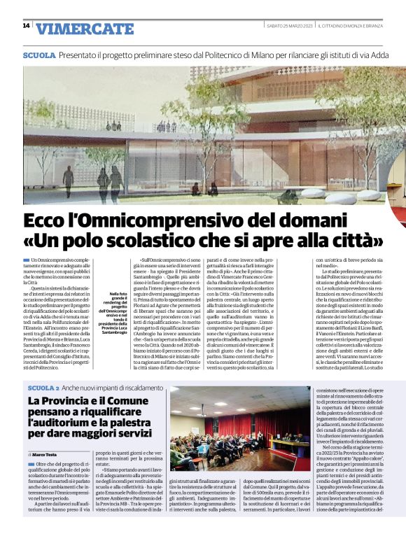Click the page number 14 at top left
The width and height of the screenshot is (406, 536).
click(26, 25)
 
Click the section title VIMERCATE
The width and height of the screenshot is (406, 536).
click(85, 29)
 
